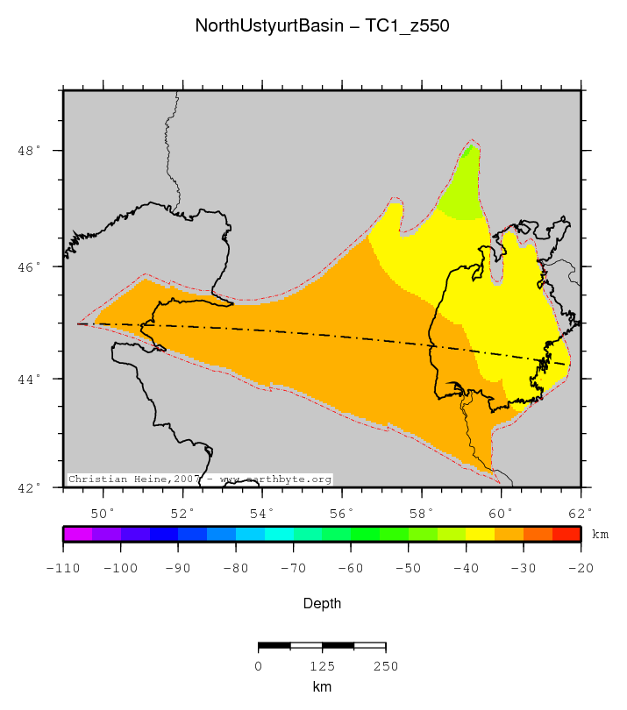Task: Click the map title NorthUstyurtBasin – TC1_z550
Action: click(x=322, y=26)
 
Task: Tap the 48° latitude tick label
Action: click(x=29, y=152)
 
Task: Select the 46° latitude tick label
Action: click(x=29, y=266)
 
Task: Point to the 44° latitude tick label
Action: click(x=29, y=379)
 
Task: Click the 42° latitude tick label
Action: click(x=29, y=487)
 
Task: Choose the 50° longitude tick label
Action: click(x=103, y=512)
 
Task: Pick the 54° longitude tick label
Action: click(x=262, y=512)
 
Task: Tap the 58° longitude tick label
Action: click(x=421, y=512)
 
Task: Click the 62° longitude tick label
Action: click(x=580, y=512)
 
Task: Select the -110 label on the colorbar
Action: click(x=64, y=568)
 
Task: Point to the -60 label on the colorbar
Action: click(x=351, y=568)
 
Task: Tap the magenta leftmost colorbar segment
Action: click(x=77, y=533)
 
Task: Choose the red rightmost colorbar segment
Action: click(x=566, y=533)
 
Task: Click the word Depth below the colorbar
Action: click(x=322, y=604)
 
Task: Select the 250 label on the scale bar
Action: click(x=386, y=665)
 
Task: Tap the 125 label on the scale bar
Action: click(x=322, y=665)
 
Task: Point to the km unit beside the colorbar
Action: click(x=600, y=534)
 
